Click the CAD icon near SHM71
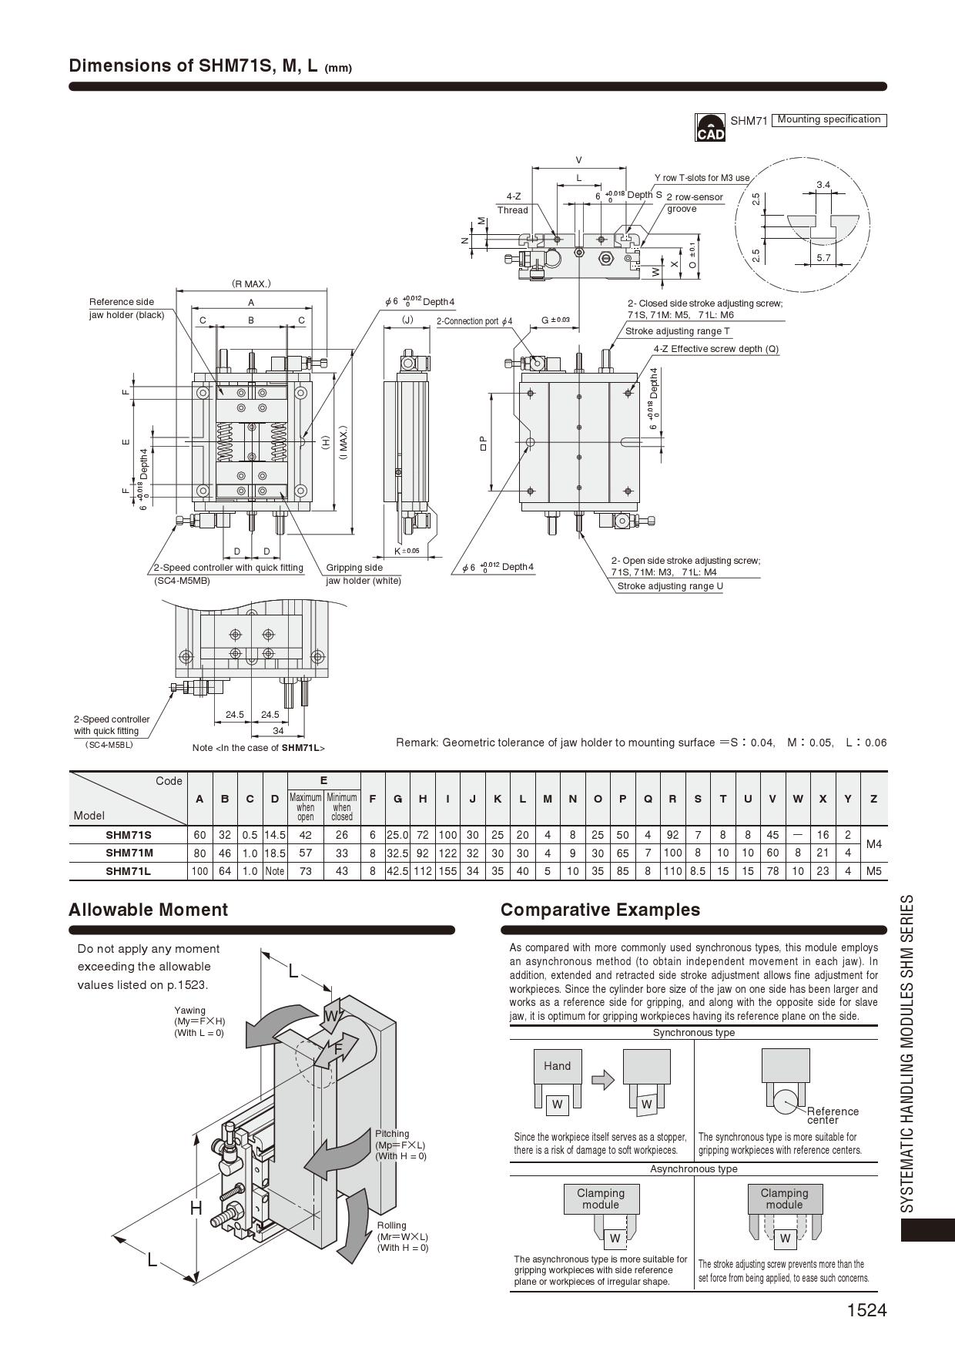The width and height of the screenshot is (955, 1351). click(x=710, y=127)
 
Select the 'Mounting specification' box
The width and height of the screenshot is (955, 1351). click(x=829, y=119)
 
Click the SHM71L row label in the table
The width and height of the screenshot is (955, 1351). click(x=128, y=871)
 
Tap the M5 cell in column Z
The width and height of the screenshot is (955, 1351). click(x=873, y=871)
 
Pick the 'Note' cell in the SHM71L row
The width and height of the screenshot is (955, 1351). click(x=274, y=871)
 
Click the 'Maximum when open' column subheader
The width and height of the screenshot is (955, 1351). click(x=305, y=807)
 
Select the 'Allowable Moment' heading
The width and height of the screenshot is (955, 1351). click(x=148, y=910)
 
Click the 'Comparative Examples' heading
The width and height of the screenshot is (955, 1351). click(x=600, y=910)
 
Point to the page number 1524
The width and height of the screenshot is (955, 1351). click(x=866, y=1310)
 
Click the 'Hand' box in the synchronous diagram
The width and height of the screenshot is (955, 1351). click(x=557, y=1066)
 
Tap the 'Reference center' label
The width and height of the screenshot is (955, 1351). click(x=832, y=1115)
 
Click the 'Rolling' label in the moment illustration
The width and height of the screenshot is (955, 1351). click(x=392, y=1225)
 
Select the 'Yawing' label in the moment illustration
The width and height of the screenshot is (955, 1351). click(x=189, y=1010)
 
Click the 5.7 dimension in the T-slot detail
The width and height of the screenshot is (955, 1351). click(x=823, y=258)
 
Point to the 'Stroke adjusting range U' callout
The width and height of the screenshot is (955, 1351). click(x=670, y=586)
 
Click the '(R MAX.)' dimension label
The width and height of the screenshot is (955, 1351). click(x=251, y=283)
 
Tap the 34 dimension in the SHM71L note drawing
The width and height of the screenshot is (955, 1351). click(x=278, y=730)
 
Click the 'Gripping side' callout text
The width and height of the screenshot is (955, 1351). click(x=354, y=568)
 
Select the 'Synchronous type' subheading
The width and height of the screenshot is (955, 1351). click(x=693, y=1033)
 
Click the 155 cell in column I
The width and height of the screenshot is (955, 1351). click(x=447, y=871)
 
